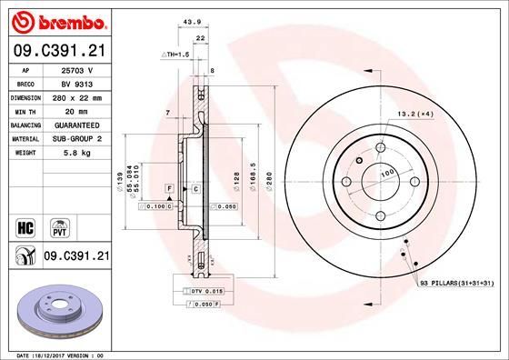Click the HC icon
pos(25,225)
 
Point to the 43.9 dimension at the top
pos(191,23)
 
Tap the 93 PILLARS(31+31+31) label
pos(457,285)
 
